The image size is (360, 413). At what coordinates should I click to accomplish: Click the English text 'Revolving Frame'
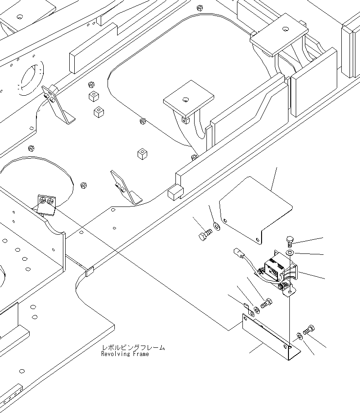point(125,354)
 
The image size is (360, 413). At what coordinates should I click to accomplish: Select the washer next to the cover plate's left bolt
point(216,226)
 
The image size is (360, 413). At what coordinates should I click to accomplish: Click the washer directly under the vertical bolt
point(290,253)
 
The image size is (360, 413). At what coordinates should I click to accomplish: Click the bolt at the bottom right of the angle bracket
point(309,329)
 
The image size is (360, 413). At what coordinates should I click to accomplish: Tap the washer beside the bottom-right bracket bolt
point(299,336)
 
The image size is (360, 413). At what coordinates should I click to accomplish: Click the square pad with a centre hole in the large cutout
point(188,98)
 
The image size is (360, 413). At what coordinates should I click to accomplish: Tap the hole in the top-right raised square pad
point(285,28)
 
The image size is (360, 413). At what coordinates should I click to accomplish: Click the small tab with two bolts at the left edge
point(46,205)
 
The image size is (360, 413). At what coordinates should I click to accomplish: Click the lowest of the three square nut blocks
point(142,154)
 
